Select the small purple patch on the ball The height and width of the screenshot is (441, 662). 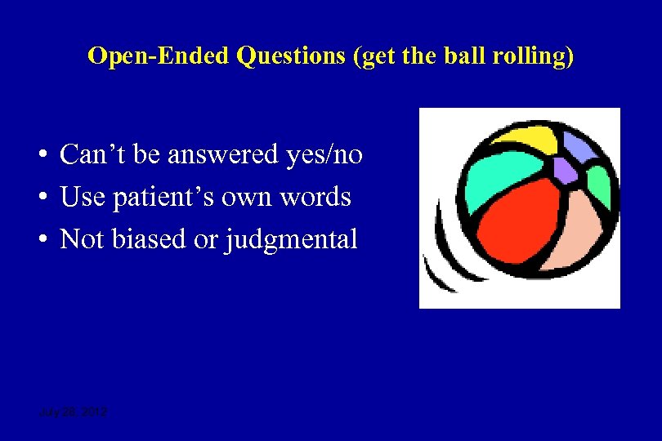coord(564,170)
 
